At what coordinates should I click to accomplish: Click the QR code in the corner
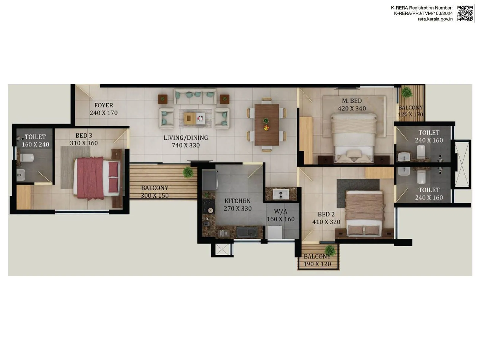point(465,13)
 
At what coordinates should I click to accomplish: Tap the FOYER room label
point(103,105)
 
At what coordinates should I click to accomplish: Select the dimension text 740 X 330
point(186,145)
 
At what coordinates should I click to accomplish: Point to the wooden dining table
point(266,124)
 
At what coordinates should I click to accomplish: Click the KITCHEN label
point(238,201)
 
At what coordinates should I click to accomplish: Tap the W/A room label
point(280,211)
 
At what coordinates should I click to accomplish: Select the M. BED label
point(352,101)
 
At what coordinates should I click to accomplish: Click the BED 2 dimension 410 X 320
point(326,222)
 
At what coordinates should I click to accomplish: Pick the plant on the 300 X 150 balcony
point(188,172)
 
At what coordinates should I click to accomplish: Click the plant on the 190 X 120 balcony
point(330,250)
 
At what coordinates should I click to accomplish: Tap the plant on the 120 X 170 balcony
point(407,92)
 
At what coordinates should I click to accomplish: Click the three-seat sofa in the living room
point(195,97)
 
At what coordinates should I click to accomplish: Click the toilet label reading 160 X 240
point(35,145)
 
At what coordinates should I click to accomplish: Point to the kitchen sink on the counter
point(247,232)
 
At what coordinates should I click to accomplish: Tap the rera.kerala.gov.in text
point(435,19)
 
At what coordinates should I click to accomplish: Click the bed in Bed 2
point(364,213)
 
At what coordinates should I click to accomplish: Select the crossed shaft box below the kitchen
point(222,250)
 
